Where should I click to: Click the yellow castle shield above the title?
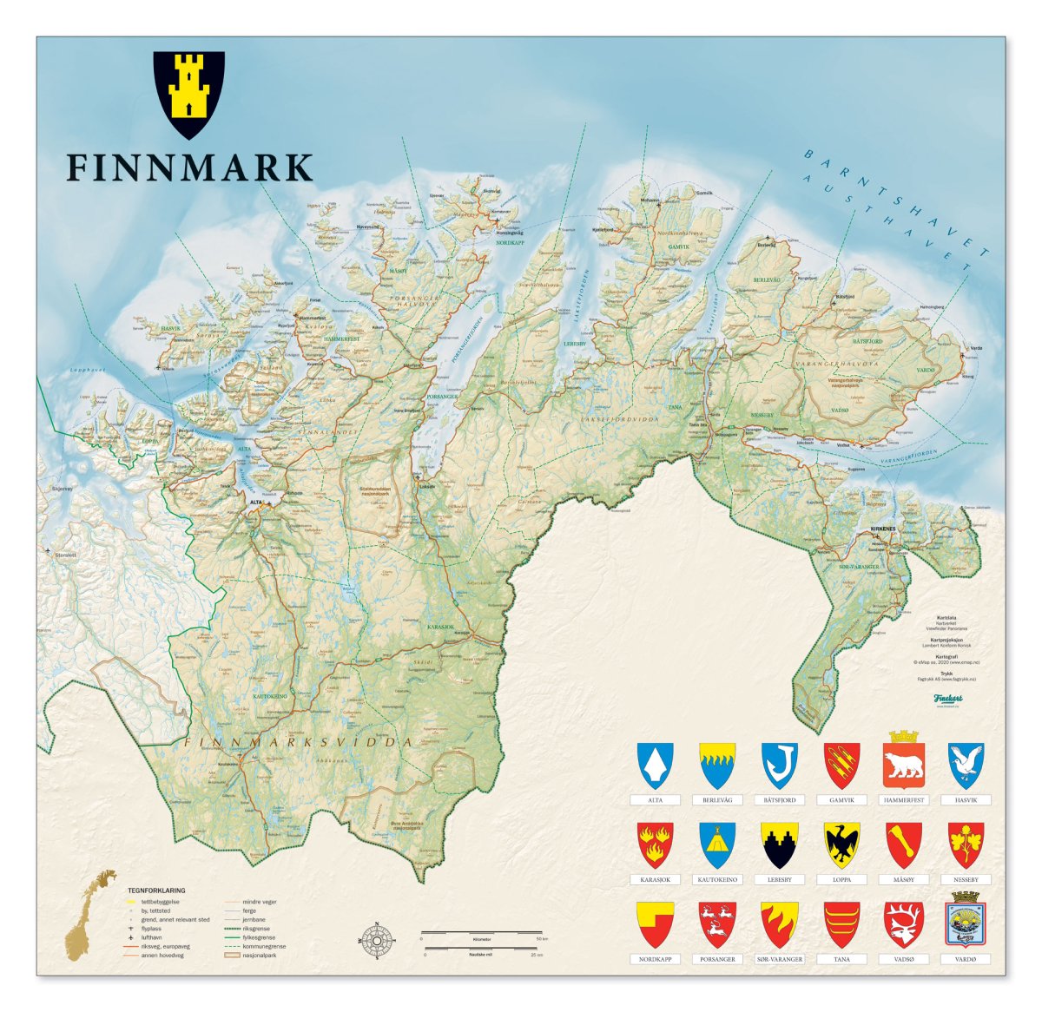pos(188,94)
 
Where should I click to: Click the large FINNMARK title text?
pos(189,168)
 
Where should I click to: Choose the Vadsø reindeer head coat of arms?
pos(903,923)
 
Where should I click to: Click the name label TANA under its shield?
pos(841,959)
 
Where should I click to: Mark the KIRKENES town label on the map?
pos(884,529)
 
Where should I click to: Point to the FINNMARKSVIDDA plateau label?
pos(297,742)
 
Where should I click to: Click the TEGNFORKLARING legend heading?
pos(156,890)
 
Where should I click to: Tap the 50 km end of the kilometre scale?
pos(541,938)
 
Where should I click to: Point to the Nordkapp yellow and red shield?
pos(655,923)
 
